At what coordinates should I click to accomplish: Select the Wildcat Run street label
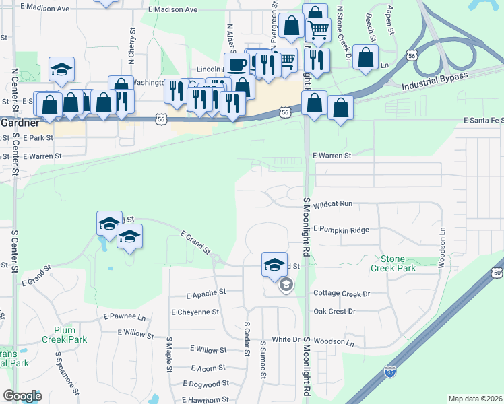(x=333, y=203)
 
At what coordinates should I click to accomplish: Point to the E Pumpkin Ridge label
(x=341, y=230)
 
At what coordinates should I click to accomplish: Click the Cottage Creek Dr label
(x=342, y=294)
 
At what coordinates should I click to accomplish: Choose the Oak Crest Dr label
(x=334, y=312)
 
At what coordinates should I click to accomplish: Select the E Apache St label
(x=206, y=294)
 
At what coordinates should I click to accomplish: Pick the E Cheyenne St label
(x=195, y=312)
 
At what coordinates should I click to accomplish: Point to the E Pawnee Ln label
(x=125, y=316)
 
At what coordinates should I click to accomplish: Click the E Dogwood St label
(x=206, y=384)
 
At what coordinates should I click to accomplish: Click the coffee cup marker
(x=236, y=65)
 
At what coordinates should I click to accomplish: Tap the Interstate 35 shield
(x=390, y=371)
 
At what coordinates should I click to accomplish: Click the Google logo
(x=22, y=396)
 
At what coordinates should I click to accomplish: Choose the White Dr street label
(x=285, y=340)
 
